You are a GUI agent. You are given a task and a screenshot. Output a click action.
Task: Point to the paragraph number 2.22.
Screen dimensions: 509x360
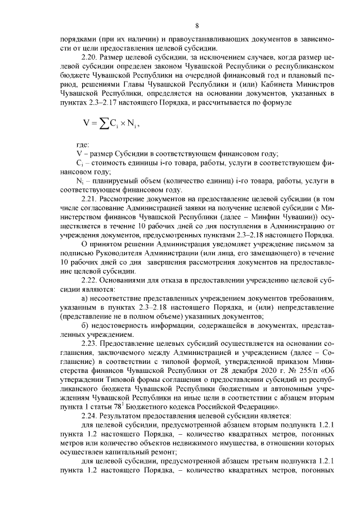(90, 280)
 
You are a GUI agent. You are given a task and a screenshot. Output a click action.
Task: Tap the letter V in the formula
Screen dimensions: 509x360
(86, 124)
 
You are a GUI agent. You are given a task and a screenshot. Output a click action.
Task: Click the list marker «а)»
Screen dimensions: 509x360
(85, 297)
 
